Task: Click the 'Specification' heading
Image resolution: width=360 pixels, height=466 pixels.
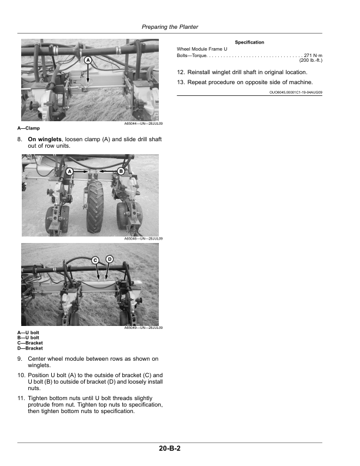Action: tap(249, 42)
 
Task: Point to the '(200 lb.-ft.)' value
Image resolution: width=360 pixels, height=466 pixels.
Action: tap(311, 60)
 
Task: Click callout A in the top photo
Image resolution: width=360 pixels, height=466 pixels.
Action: tap(88, 61)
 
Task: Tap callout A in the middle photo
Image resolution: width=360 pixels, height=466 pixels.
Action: tap(69, 171)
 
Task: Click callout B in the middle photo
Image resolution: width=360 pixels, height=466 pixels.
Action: tap(121, 171)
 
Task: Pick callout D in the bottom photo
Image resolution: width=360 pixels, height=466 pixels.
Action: tap(109, 259)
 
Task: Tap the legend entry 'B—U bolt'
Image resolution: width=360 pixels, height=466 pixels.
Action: tap(28, 338)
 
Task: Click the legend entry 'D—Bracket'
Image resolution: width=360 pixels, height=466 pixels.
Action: tap(30, 348)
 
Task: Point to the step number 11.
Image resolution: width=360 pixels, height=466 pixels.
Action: tap(21, 398)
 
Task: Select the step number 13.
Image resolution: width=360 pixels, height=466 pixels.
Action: tap(181, 82)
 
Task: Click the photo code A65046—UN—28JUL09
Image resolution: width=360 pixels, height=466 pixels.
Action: tap(144, 239)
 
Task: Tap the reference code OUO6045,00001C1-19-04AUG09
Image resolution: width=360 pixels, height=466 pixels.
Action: tap(295, 92)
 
